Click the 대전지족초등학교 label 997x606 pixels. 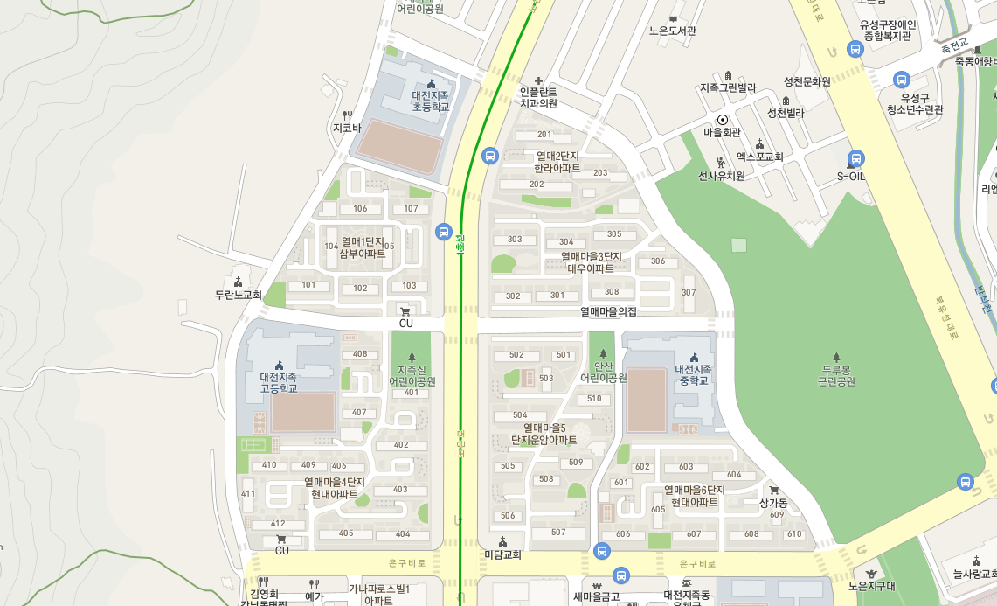point(431,101)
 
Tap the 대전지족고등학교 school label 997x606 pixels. point(279,382)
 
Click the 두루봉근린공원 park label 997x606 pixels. point(836,375)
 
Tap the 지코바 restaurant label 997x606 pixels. point(347,128)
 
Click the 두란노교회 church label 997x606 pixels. point(238,295)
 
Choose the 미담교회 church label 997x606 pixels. point(502,554)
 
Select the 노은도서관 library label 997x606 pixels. point(673,31)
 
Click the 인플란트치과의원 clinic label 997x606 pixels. point(538,96)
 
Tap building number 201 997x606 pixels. point(544,135)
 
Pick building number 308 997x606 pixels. point(612,292)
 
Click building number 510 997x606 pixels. point(594,399)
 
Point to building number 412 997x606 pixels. point(278,523)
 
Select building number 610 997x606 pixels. point(793,533)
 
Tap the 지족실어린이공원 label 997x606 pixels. point(411,375)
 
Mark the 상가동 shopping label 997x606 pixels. point(773,503)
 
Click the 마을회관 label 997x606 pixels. point(722,132)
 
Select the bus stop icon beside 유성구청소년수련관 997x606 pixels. point(902,80)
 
